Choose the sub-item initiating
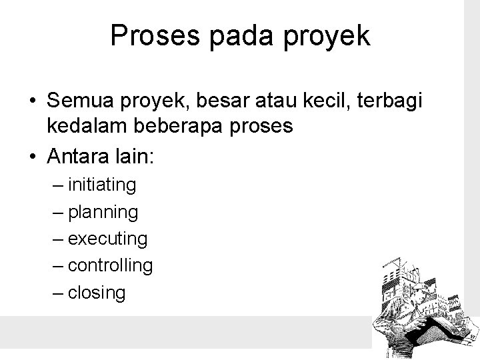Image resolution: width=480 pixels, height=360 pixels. [x=102, y=185]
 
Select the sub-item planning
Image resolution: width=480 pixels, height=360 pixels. [x=103, y=212]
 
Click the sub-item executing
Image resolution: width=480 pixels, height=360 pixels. [x=107, y=238]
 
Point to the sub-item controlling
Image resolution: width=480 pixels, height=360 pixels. [x=110, y=265]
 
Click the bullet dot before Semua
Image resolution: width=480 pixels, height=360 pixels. [x=32, y=101]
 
